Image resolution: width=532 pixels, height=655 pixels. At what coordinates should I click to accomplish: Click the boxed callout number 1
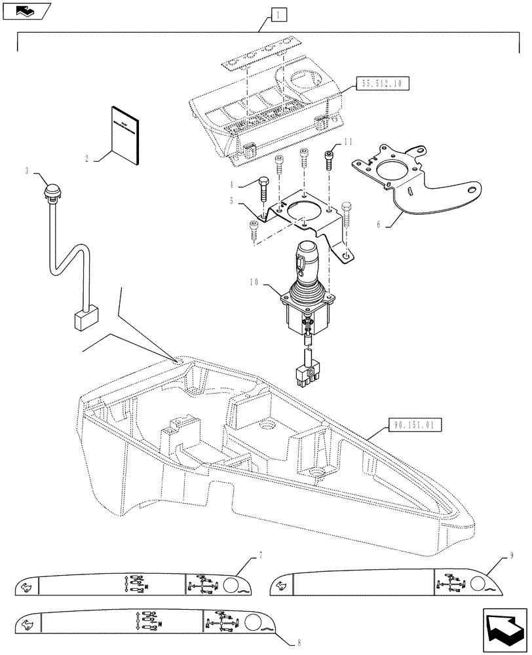point(278,13)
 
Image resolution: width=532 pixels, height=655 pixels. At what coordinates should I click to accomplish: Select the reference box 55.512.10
point(382,83)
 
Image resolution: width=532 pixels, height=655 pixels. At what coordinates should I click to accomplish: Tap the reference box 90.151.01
point(415,425)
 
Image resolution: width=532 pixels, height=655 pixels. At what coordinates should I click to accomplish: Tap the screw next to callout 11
point(330,158)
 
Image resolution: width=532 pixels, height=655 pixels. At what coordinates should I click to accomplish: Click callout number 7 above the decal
point(260,555)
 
